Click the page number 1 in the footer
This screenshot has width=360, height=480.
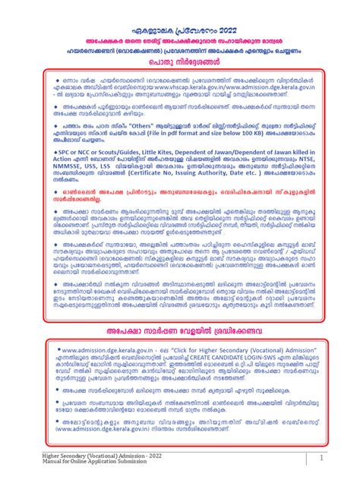coord(322,459)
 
